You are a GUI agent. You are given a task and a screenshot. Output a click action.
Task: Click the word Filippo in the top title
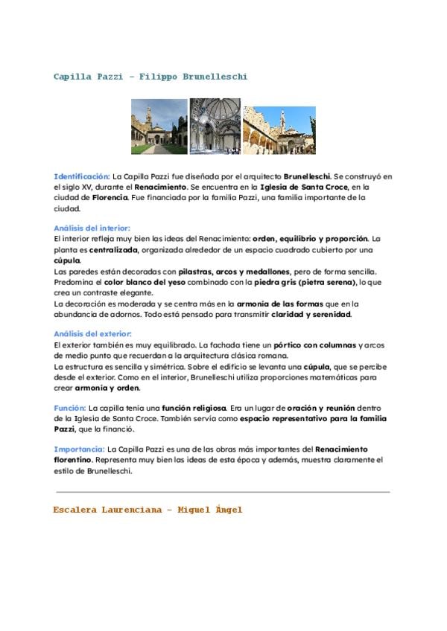click(x=155, y=77)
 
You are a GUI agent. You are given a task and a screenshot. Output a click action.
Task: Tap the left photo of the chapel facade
click(x=159, y=126)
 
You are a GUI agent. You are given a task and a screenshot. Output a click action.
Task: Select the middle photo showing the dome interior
click(x=215, y=126)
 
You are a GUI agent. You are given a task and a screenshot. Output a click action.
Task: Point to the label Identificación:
click(x=81, y=176)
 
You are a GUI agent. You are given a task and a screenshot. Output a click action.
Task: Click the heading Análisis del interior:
click(x=92, y=228)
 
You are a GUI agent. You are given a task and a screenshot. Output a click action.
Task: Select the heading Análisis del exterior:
click(x=93, y=334)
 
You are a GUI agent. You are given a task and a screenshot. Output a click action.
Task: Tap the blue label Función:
click(x=70, y=409)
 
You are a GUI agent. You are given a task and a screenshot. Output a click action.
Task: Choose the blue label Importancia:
click(x=79, y=449)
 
